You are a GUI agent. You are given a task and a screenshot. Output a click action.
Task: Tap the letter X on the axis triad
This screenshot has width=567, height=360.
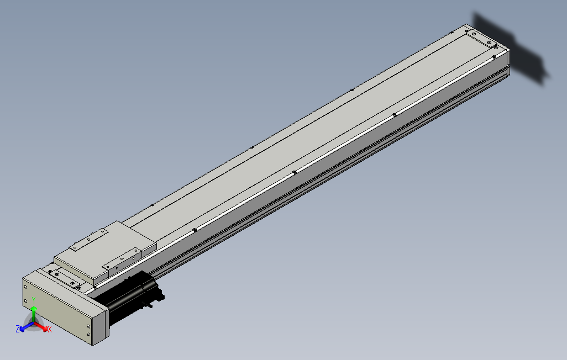49,329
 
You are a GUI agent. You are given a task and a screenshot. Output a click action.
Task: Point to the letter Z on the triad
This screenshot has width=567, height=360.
18,329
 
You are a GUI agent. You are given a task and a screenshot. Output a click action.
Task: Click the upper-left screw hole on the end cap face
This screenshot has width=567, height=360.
25,286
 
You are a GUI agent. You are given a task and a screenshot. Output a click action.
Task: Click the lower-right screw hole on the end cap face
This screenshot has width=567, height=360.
88,335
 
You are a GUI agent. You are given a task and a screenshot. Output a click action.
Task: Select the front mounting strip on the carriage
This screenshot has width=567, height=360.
124,260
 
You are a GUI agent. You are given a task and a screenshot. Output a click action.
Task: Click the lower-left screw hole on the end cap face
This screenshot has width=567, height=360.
25,301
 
